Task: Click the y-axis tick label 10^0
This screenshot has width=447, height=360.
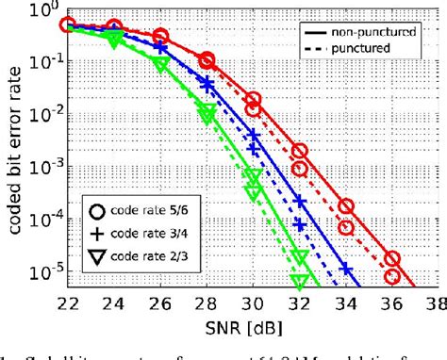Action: [42, 11]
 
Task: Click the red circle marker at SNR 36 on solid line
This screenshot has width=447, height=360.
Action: [392, 258]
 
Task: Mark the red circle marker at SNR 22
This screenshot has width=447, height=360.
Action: [66, 25]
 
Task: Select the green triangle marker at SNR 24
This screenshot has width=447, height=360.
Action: [113, 39]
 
